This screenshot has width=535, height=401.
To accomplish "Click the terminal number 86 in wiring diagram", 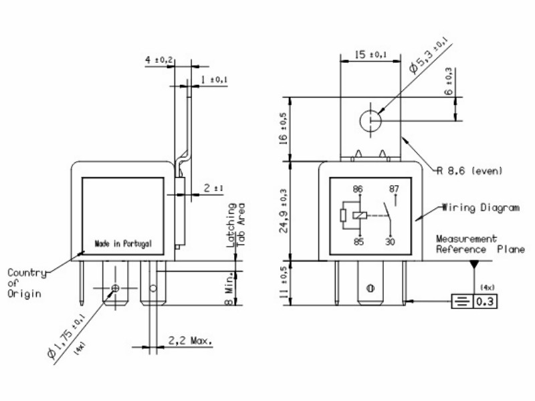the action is [x=358, y=189].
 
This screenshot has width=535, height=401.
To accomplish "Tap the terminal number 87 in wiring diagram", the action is [x=394, y=189].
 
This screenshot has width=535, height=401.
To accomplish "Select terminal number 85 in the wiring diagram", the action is [x=358, y=242].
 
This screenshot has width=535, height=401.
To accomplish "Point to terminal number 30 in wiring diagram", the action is [x=390, y=242].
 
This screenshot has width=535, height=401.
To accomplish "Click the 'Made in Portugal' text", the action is [x=123, y=244].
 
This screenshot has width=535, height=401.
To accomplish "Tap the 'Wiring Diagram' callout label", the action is [x=481, y=208].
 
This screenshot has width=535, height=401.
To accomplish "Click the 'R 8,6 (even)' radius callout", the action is [x=470, y=170].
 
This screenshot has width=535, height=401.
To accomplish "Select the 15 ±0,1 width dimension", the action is [x=370, y=55].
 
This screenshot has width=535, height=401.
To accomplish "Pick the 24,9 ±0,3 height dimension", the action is [x=284, y=211].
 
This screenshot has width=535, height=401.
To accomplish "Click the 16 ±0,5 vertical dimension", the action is [x=284, y=129].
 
